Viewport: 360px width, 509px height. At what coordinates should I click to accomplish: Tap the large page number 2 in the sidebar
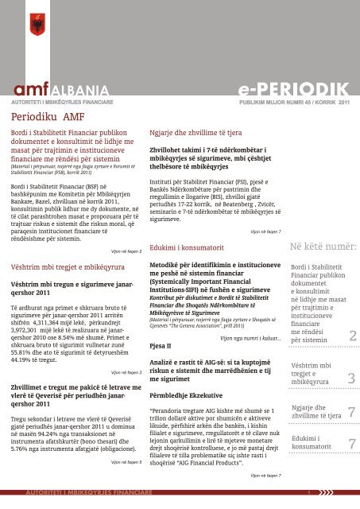(351, 338)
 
